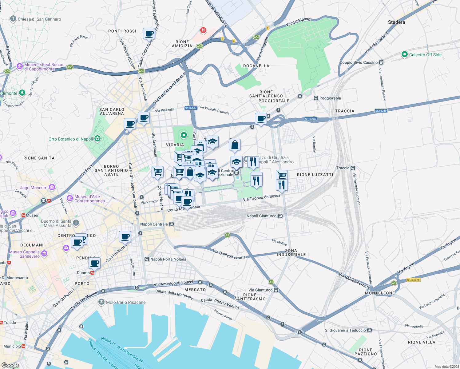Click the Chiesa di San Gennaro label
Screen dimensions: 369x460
click(x=39, y=19)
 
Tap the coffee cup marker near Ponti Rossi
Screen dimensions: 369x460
click(x=149, y=34)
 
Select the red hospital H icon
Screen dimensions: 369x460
click(x=203, y=30)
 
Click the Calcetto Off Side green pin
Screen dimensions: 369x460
click(x=405, y=55)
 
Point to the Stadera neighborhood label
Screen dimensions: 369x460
click(x=396, y=22)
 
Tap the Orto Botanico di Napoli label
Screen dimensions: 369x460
click(x=71, y=139)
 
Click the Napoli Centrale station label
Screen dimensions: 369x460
click(x=154, y=224)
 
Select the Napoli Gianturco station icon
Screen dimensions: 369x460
click(x=280, y=216)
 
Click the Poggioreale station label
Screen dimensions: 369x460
click(x=330, y=98)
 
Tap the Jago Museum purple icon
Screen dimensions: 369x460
click(x=52, y=187)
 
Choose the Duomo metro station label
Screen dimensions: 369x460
click(x=83, y=273)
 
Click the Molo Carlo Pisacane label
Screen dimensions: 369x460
click(x=126, y=302)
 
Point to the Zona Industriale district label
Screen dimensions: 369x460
click(x=291, y=252)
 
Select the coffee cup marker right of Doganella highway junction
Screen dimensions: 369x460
click(x=261, y=119)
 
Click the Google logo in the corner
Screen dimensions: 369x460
click(x=10, y=365)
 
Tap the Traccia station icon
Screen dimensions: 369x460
click(x=353, y=168)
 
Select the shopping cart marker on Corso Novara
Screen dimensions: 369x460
click(x=157, y=172)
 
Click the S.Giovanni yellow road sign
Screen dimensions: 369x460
click(x=413, y=280)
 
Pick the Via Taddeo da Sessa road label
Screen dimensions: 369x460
click(x=261, y=197)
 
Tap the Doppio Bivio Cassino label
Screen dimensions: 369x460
click(x=359, y=62)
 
